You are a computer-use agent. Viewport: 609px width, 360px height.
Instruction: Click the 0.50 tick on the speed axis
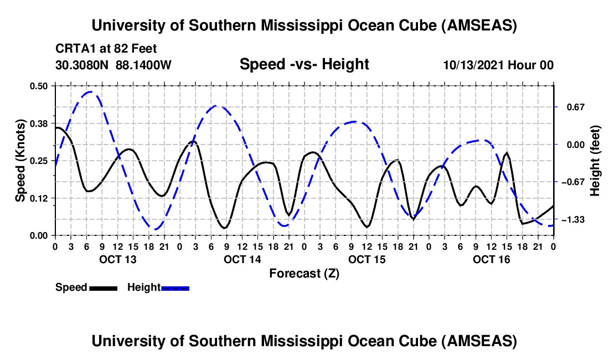(39, 85)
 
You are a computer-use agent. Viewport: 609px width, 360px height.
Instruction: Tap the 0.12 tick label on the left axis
(39, 198)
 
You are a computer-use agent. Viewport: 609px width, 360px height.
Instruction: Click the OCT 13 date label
(117, 259)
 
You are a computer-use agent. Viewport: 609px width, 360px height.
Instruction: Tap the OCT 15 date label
(367, 259)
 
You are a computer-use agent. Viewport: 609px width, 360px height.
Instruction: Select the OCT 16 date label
(491, 259)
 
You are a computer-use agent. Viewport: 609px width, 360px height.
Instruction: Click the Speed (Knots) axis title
(20, 161)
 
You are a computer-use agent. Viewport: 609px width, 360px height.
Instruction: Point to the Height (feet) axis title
(595, 161)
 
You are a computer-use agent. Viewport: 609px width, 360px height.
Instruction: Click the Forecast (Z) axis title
(304, 273)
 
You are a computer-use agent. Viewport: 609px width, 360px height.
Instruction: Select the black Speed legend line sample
(103, 287)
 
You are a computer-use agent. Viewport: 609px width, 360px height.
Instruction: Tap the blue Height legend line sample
(176, 287)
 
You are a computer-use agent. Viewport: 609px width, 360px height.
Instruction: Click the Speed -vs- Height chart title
(304, 64)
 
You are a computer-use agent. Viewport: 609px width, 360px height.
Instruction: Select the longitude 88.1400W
(144, 65)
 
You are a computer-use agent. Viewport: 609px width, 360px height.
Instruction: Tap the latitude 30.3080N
(82, 65)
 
